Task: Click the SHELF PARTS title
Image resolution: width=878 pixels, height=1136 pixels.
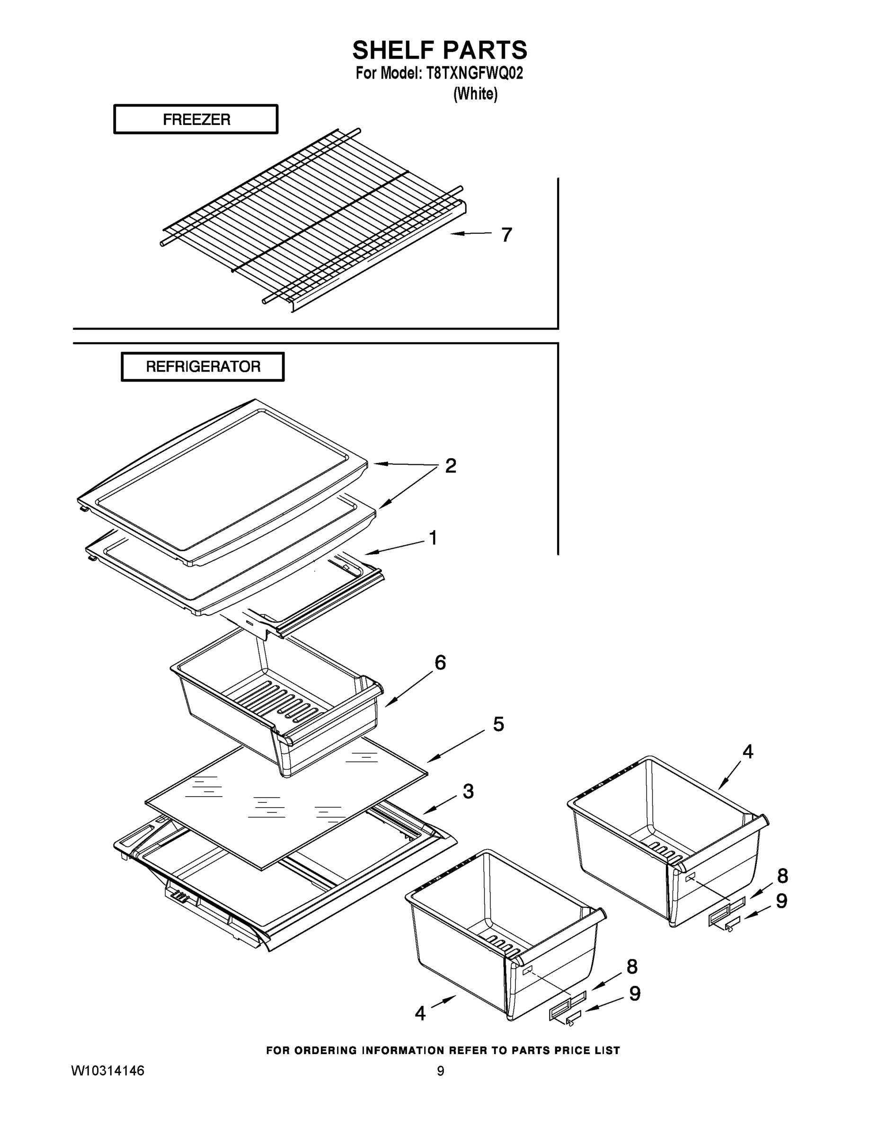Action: click(x=440, y=51)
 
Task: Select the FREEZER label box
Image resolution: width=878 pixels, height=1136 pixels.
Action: click(x=196, y=120)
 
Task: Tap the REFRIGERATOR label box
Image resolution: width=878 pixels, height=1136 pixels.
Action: click(x=203, y=367)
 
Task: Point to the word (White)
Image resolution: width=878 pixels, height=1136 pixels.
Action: click(x=475, y=94)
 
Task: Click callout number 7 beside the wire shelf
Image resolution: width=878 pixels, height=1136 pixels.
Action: click(x=506, y=235)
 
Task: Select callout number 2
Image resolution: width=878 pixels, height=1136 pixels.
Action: click(x=451, y=466)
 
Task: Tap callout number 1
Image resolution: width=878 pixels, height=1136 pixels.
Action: click(x=433, y=538)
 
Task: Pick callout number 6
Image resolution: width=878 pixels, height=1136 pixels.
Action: click(x=440, y=663)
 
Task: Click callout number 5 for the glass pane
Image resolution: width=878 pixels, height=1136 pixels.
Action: click(x=498, y=724)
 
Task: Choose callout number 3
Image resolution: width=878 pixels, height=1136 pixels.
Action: click(x=468, y=791)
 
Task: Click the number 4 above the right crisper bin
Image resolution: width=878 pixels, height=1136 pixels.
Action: click(x=747, y=751)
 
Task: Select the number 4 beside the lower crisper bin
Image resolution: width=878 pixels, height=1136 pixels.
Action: click(x=420, y=1013)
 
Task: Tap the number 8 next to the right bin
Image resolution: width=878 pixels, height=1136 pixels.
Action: click(x=782, y=876)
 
